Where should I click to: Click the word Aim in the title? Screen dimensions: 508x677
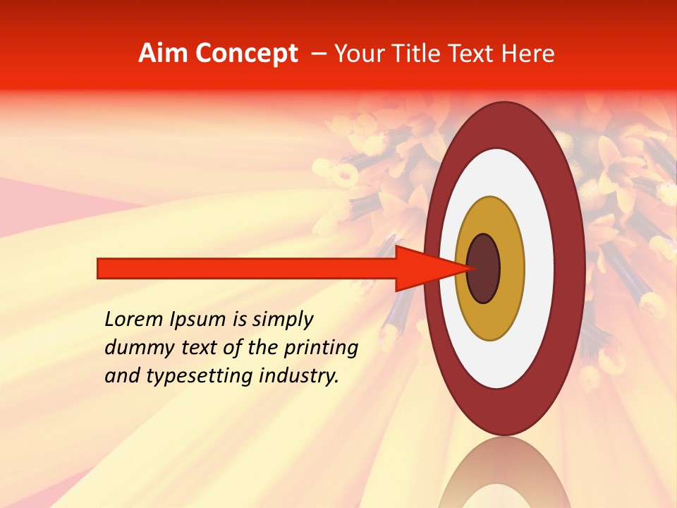164,54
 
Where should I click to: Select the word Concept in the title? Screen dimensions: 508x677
247,54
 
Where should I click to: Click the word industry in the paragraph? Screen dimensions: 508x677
299,376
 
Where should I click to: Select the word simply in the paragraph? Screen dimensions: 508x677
283,320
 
